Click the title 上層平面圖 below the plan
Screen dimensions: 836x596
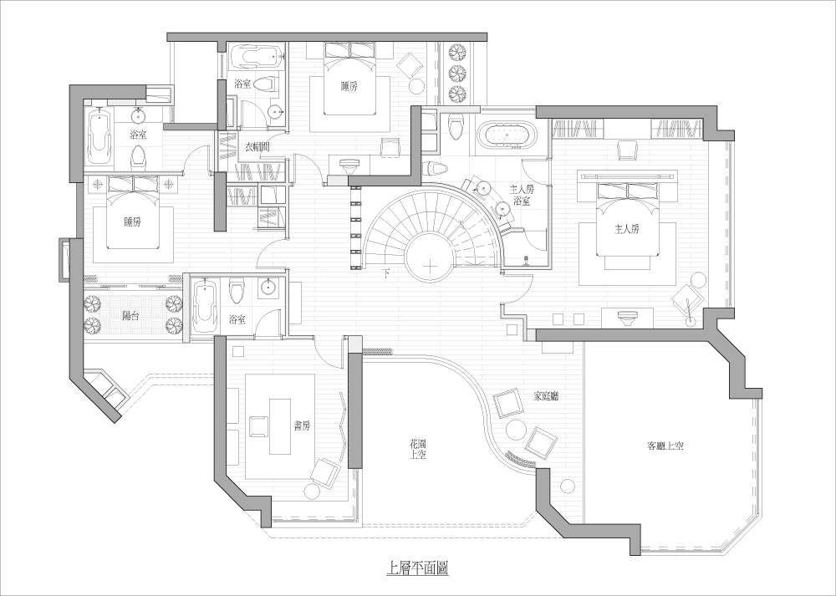[417, 568]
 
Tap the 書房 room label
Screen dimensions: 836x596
[302, 426]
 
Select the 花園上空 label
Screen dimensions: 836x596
[418, 449]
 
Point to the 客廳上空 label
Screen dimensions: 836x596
[665, 446]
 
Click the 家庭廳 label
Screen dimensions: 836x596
[546, 396]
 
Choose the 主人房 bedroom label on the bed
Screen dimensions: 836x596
[627, 230]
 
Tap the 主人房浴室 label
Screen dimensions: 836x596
[522, 195]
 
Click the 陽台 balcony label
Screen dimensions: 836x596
[130, 316]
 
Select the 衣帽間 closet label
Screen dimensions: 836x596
[257, 147]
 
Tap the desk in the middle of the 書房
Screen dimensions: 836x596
[280, 426]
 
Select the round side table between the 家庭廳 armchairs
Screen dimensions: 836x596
[515, 429]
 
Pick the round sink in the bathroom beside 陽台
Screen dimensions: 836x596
[268, 288]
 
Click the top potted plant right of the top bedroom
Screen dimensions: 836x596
[457, 52]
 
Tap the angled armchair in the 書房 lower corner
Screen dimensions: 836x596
[324, 471]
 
